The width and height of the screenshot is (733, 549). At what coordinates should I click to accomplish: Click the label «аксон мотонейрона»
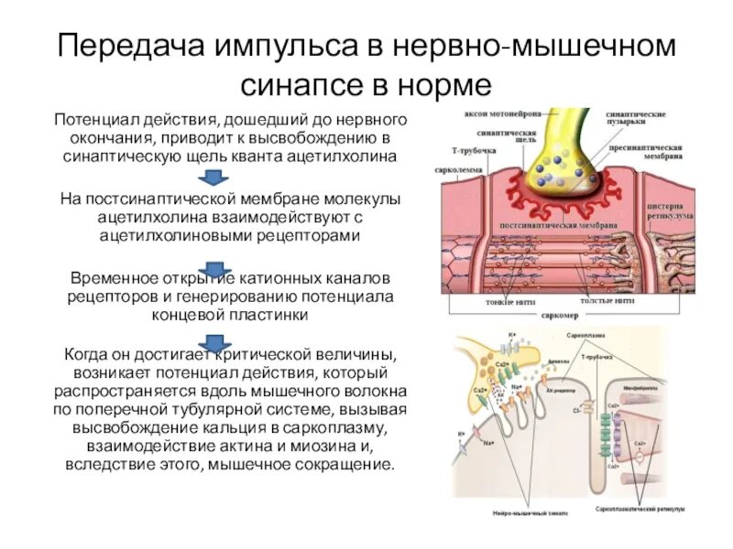498,114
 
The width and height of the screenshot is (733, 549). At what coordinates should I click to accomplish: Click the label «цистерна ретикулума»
668,211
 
